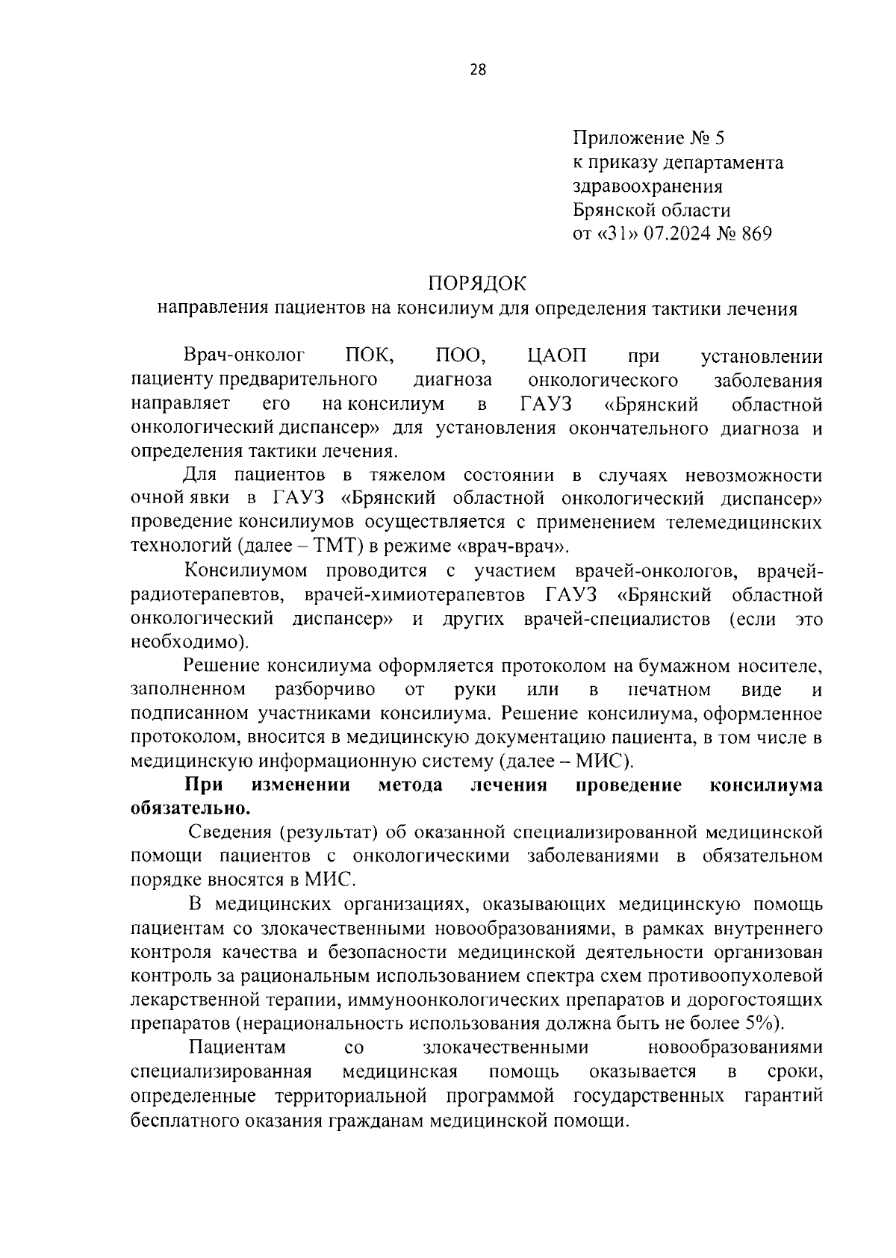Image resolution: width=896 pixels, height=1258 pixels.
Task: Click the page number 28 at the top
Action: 478,70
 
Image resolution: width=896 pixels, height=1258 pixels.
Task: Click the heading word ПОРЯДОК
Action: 477,284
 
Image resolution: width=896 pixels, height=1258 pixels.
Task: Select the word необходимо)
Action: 190,642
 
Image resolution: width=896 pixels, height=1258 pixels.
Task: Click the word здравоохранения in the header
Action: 647,186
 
